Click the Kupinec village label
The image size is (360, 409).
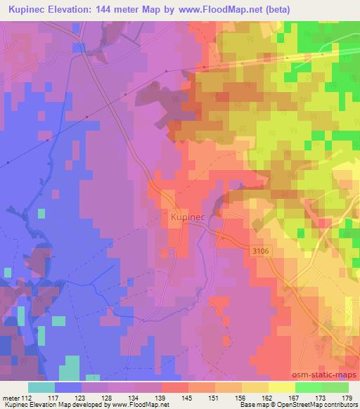pyautogui.click(x=187, y=219)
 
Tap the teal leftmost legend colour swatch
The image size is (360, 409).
pyautogui.click(x=41, y=387)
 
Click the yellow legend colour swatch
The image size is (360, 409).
pyautogui.click(x=282, y=387)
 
